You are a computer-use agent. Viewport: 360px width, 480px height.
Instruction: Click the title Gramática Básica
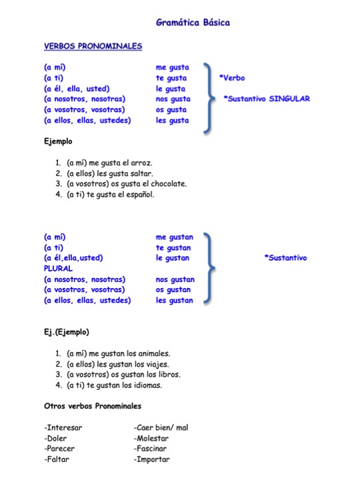click(193, 23)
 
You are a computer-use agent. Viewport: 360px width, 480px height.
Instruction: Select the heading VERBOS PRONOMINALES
click(93, 46)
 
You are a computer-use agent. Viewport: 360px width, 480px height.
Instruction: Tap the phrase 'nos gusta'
click(173, 99)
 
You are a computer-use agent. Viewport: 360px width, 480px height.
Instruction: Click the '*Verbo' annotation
click(232, 78)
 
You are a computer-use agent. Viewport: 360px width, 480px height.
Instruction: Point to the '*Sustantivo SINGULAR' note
click(267, 99)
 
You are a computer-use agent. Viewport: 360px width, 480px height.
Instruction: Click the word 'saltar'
click(139, 173)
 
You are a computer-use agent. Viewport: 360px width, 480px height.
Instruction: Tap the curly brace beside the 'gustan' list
click(210, 268)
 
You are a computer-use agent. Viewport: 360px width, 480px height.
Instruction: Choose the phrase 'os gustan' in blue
click(175, 290)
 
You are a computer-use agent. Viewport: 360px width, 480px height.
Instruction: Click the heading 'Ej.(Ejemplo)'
click(67, 331)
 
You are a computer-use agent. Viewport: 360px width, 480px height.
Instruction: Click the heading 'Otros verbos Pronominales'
click(92, 406)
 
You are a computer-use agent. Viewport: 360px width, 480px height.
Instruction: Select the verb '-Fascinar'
click(151, 449)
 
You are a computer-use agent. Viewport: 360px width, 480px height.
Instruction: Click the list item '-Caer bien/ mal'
click(161, 427)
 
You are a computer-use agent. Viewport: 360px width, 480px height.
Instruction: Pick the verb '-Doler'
click(57, 438)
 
